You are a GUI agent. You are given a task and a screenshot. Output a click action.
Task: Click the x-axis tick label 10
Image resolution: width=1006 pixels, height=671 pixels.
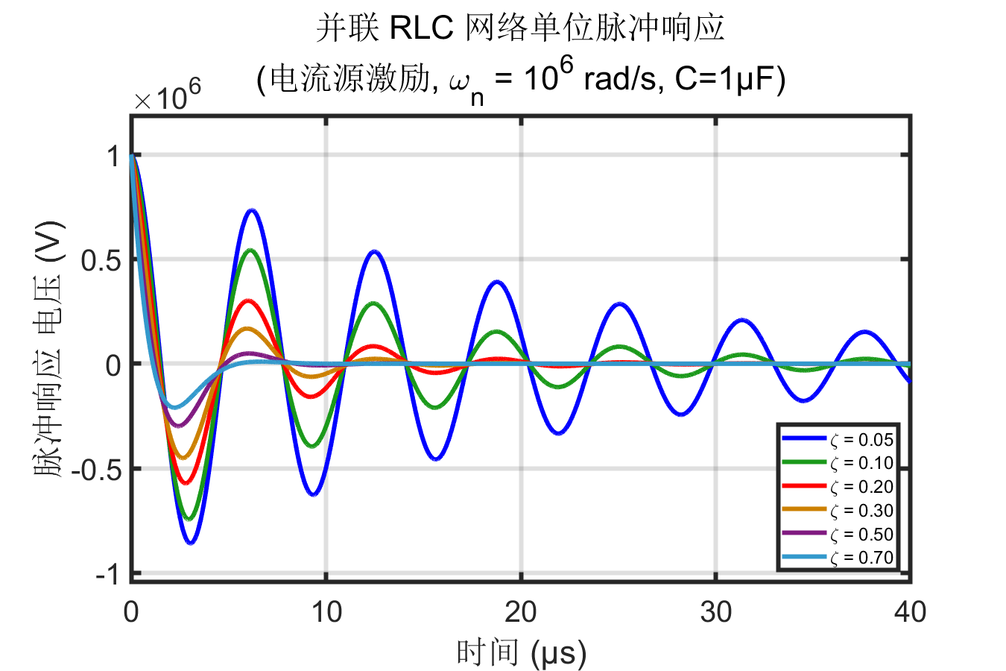(326, 613)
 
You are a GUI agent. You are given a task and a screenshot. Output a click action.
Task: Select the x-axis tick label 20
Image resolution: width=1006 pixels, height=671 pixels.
(521, 613)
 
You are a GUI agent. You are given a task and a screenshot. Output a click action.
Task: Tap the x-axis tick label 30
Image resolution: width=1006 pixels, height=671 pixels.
(716, 613)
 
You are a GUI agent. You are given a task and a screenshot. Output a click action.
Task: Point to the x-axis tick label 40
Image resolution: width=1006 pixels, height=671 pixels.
(910, 613)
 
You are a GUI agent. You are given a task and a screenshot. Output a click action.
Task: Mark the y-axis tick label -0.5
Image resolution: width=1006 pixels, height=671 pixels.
(96, 470)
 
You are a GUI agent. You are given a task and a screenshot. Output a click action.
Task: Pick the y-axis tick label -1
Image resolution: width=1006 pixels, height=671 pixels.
(107, 575)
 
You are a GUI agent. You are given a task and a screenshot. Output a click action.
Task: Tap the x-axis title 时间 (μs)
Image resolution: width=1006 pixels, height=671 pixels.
(521, 654)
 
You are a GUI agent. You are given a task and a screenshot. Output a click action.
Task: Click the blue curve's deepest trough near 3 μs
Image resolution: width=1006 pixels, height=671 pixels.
(191, 543)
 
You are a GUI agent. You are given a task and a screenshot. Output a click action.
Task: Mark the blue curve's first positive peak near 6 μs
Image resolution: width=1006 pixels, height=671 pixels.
(252, 210)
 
